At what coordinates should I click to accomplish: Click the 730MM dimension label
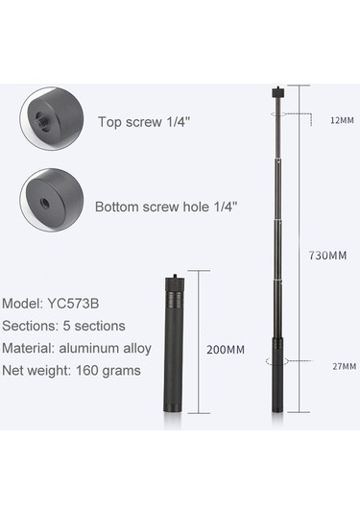point(327,255)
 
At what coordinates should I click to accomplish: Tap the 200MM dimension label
point(226,350)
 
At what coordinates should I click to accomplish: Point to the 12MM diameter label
point(342,120)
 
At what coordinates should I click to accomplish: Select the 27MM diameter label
point(345,366)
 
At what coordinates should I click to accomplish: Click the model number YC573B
point(73,304)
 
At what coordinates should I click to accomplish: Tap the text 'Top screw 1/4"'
point(144,122)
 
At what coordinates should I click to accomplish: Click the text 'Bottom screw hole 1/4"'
point(166,207)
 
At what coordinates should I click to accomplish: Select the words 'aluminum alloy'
point(106,348)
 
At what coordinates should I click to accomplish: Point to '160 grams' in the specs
point(108,371)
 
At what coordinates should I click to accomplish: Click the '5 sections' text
point(94,326)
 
